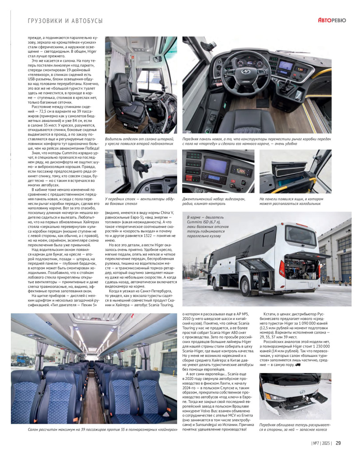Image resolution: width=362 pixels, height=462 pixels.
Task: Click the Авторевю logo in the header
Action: click(332, 20)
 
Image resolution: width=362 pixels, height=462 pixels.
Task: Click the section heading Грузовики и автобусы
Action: click(66, 21)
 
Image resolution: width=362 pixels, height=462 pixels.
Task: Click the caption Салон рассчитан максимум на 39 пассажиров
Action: click(93, 430)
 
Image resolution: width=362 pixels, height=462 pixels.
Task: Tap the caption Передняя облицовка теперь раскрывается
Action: click(289, 427)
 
